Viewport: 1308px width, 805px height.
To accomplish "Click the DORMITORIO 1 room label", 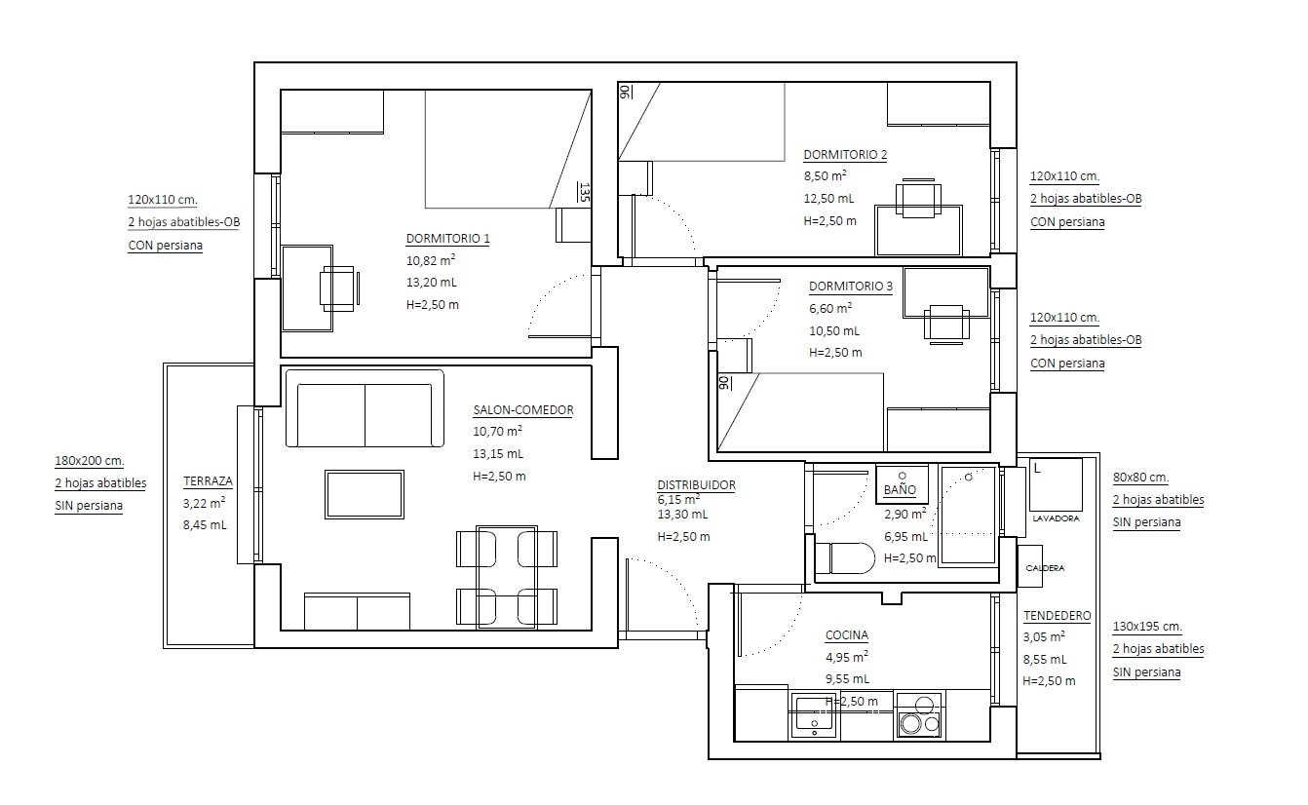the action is [x=448, y=238].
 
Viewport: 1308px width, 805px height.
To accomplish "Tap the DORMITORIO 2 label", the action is [x=845, y=155].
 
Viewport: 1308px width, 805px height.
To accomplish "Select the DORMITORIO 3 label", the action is [x=851, y=287].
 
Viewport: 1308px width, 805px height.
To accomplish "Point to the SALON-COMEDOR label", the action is [x=523, y=409].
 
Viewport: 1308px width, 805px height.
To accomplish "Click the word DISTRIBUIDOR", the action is [x=697, y=484].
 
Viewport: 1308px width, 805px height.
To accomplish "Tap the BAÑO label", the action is [x=900, y=490].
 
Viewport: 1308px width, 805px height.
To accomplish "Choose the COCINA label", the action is [x=847, y=635].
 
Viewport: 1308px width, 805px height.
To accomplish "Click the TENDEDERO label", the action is [x=1058, y=615].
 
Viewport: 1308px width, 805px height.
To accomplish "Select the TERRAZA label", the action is [x=208, y=481].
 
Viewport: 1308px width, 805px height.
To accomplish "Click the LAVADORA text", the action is [x=1057, y=518].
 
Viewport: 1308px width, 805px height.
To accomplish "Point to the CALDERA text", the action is [x=1045, y=568].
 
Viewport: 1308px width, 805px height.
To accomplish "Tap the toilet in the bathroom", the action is [x=845, y=558].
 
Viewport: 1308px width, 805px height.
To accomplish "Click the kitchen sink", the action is [x=815, y=716].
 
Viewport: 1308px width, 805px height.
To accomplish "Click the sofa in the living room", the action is [x=365, y=408].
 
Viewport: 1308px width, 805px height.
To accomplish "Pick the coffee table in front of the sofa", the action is [x=365, y=494].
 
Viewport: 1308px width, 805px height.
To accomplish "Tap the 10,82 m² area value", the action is [x=431, y=260].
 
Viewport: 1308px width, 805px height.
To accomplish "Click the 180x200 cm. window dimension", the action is [x=90, y=461].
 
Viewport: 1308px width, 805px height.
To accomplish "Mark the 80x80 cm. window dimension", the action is [x=1141, y=477].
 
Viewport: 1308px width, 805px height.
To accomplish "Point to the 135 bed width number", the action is [x=585, y=192].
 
